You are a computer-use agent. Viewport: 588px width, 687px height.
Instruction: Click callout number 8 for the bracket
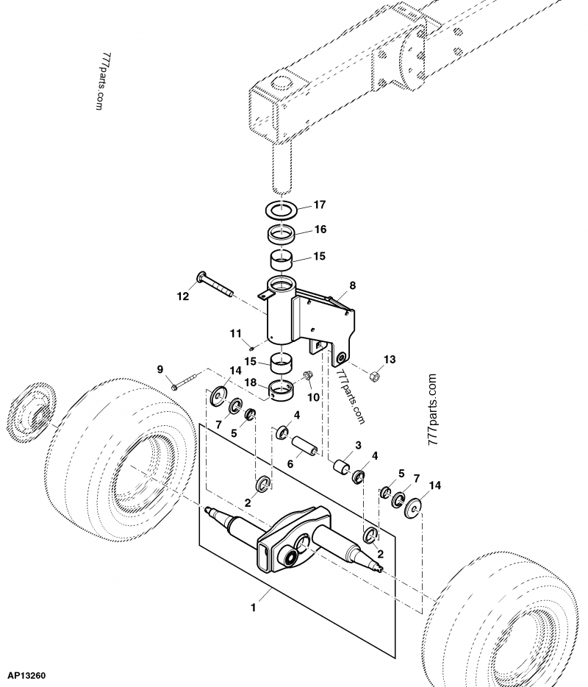(352, 284)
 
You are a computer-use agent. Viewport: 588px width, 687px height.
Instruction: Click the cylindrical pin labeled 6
(304, 447)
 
